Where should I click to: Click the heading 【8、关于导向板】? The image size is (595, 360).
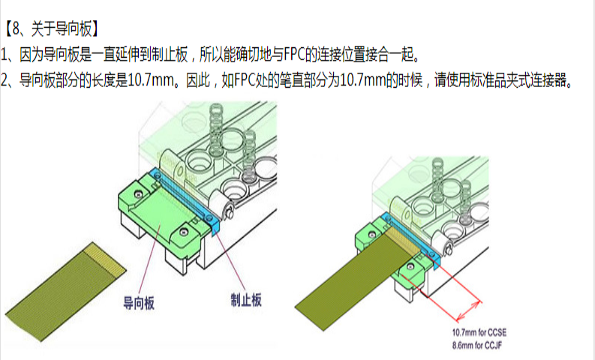pyautogui.click(x=52, y=28)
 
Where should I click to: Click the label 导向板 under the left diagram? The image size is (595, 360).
pyautogui.click(x=139, y=303)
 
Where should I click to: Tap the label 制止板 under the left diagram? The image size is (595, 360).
pyautogui.click(x=246, y=300)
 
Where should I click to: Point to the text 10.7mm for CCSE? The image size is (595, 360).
pyautogui.click(x=479, y=333)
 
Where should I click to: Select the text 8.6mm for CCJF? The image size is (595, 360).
pyautogui.click(x=477, y=346)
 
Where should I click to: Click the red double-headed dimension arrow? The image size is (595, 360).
pyautogui.click(x=469, y=311)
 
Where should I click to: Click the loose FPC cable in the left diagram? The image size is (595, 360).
pyautogui.click(x=65, y=291)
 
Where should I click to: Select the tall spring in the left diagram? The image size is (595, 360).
pyautogui.click(x=216, y=129)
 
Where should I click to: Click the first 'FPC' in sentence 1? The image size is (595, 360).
pyautogui.click(x=294, y=55)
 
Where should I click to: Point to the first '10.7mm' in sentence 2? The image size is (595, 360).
pyautogui.click(x=151, y=80)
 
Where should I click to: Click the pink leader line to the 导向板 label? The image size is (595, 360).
pyautogui.click(x=149, y=259)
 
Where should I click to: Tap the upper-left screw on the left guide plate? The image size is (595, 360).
pyautogui.click(x=140, y=194)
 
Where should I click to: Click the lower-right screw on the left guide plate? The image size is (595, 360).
pyautogui.click(x=184, y=232)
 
